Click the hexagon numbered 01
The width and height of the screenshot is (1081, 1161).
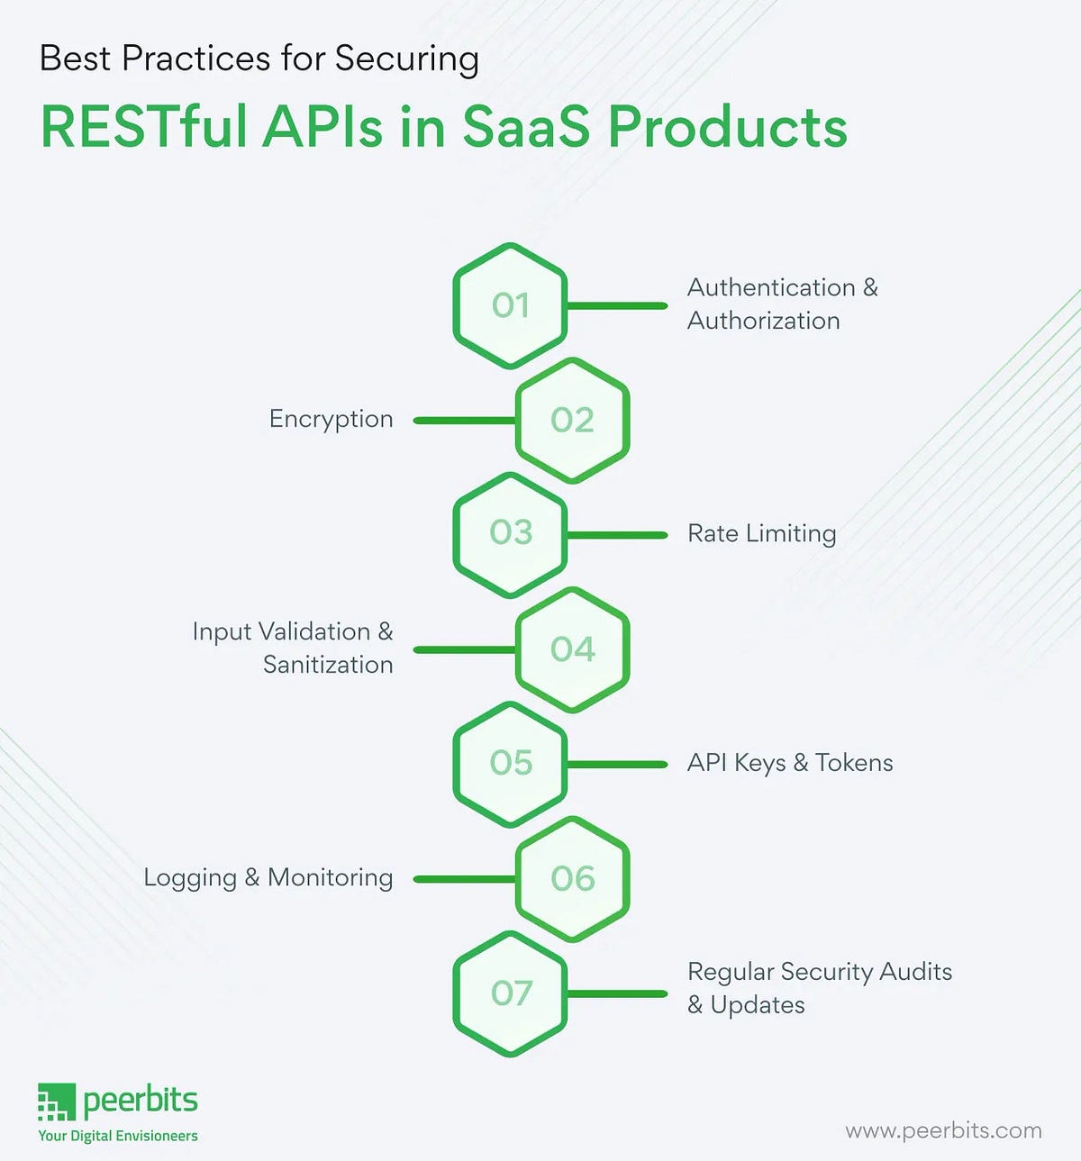coord(510,305)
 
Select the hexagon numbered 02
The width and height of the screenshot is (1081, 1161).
coord(572,420)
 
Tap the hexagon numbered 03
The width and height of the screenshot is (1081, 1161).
coord(510,533)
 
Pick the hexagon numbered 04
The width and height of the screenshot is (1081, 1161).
coord(572,649)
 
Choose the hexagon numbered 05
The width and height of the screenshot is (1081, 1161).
coord(510,763)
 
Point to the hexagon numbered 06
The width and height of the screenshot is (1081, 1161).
coord(572,878)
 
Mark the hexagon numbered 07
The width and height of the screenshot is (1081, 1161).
coord(510,993)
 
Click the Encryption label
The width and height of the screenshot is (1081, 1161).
coord(331,420)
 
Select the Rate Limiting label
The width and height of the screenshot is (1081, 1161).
coord(761,533)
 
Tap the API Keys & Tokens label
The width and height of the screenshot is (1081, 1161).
coord(790,763)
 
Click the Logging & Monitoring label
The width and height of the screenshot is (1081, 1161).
coord(268,878)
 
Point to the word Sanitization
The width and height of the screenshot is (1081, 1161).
coord(328,665)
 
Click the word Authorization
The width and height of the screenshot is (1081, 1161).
coord(763,321)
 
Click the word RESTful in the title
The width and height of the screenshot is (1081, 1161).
coord(144,127)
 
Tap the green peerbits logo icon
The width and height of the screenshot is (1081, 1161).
coord(56,1102)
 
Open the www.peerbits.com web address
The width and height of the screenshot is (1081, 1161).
coord(943,1130)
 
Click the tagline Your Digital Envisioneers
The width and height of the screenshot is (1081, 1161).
coord(118,1136)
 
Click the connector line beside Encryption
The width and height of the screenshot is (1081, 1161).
coord(464,421)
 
